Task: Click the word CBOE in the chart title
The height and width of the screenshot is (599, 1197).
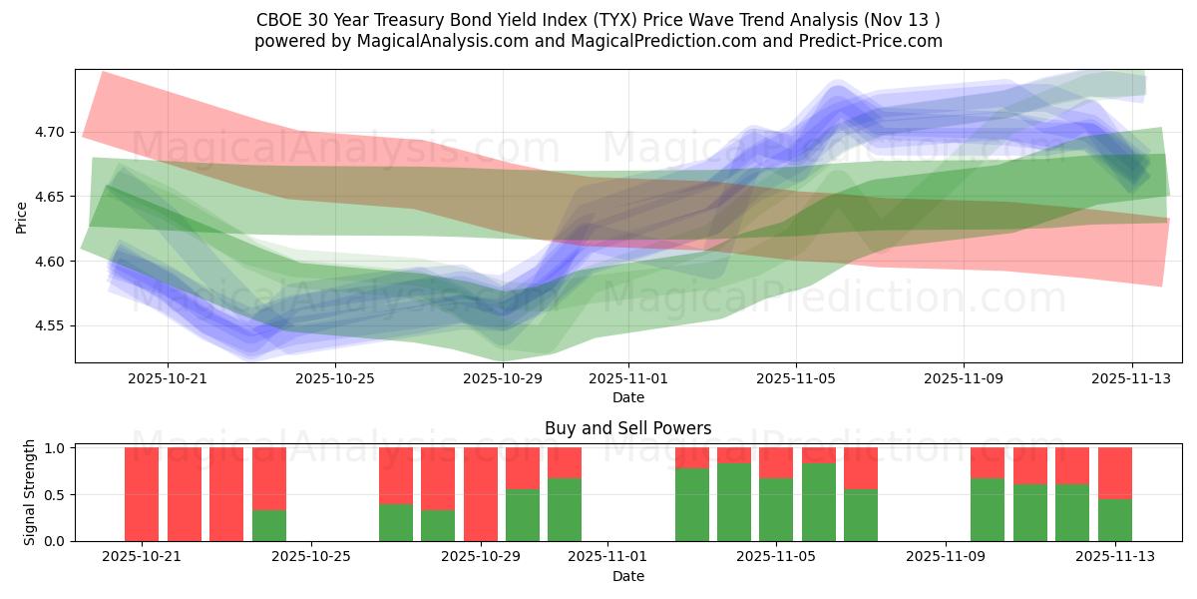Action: point(277,19)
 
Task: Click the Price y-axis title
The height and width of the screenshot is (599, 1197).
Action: point(22,216)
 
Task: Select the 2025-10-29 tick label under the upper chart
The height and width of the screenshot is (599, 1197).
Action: point(502,379)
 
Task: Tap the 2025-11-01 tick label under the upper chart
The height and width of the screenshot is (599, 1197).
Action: point(628,379)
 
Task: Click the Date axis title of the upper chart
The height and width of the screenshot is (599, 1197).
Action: point(628,397)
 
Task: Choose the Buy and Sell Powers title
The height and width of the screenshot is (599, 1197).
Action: point(628,428)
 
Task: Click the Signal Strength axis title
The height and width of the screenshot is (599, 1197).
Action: point(30,492)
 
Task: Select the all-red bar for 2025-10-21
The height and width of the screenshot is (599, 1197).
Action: point(142,494)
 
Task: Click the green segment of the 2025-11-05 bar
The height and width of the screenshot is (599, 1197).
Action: point(776,510)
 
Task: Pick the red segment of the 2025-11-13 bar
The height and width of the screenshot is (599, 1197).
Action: point(1114,472)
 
